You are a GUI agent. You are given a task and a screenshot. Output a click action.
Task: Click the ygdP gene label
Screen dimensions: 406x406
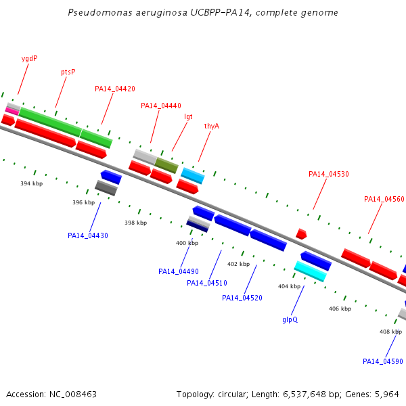point(29,58)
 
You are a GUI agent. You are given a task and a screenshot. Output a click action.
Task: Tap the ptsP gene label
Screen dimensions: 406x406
point(68,72)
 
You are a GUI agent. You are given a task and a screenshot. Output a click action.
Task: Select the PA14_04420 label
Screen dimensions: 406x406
point(115,89)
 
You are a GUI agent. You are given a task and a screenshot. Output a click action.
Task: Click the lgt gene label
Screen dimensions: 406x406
point(188,117)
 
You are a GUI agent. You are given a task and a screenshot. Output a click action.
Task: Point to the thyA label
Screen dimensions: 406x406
point(212,126)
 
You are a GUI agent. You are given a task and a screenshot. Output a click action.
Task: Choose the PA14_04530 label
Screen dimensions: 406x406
point(329,174)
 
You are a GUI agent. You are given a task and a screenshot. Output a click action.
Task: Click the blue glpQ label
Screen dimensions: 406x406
point(290,320)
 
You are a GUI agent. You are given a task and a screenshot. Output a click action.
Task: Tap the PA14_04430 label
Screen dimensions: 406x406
point(88,235)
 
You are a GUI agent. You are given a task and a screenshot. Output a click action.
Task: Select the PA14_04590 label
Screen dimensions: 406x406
point(383,361)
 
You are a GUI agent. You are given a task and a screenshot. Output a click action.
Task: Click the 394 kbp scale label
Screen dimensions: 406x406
point(32,183)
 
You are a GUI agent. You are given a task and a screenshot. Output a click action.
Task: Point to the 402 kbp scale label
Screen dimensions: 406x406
point(238,264)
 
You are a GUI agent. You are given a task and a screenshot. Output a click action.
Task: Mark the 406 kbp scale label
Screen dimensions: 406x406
point(340,309)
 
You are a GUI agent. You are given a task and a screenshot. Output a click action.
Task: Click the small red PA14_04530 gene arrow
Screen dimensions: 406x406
point(301,234)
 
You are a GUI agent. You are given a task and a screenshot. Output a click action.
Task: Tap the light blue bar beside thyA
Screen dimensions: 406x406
point(193,176)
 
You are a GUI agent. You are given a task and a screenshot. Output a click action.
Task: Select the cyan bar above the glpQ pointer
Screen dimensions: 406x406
point(310,271)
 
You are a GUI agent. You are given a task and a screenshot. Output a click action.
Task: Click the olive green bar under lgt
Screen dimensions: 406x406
point(166,165)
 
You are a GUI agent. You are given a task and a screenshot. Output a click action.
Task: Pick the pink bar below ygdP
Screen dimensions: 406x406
point(12,111)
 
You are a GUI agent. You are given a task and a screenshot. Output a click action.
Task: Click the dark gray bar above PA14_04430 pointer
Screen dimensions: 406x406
point(106,188)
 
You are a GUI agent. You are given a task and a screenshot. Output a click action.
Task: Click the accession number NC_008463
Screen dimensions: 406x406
point(73,394)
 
